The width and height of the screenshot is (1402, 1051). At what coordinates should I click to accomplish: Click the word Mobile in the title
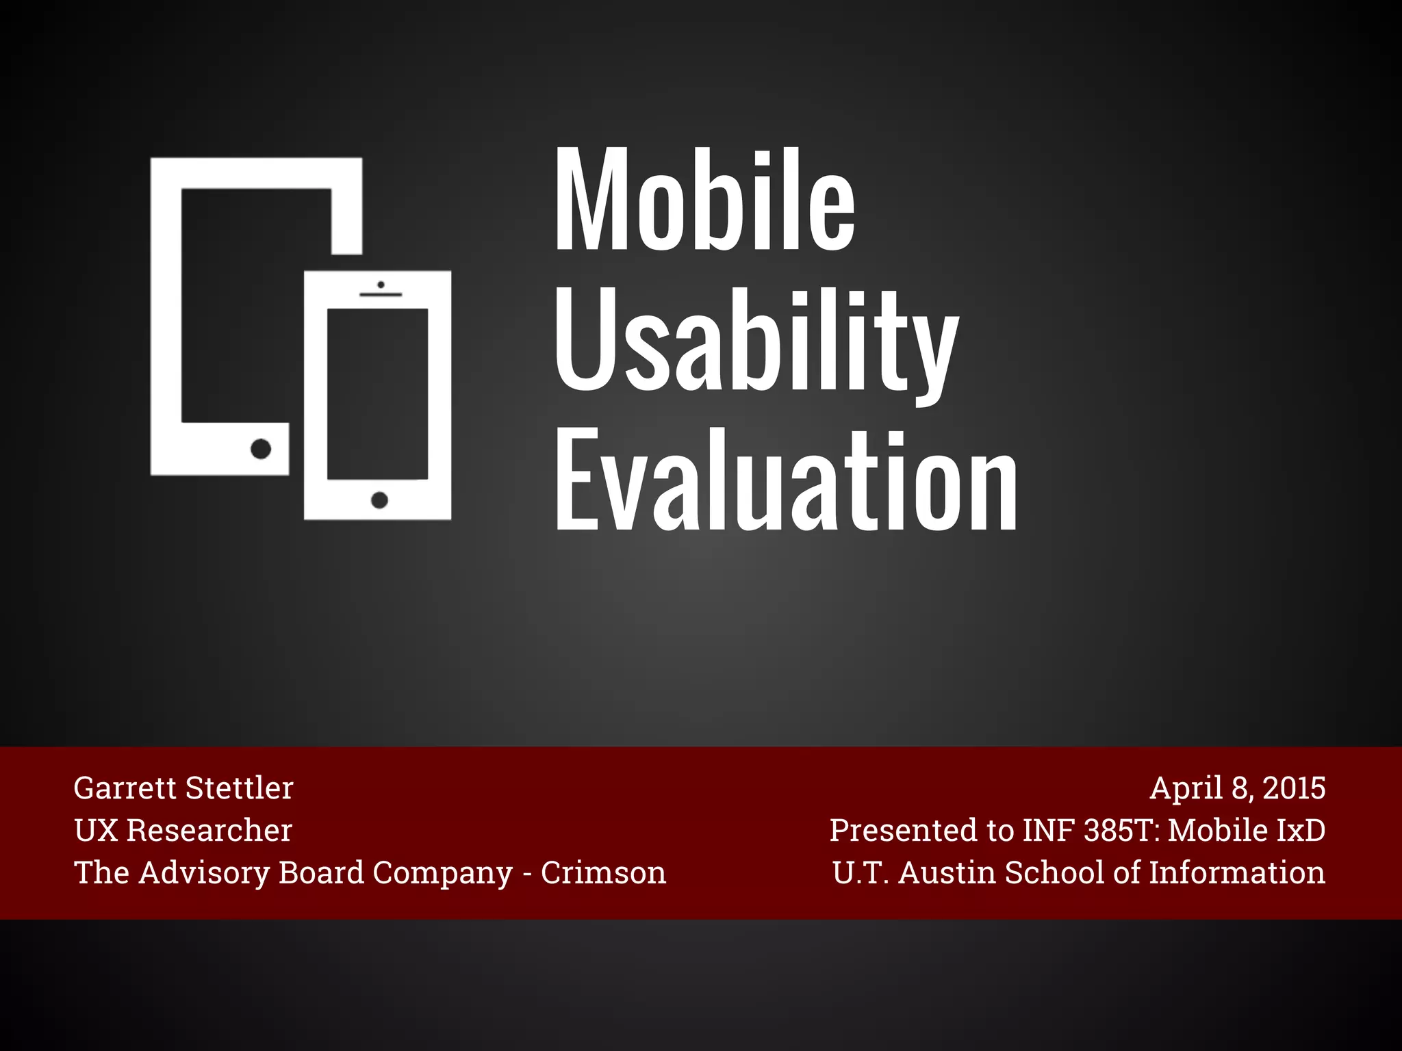click(705, 200)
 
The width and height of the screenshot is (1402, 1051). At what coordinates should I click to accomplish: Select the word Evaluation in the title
click(786, 481)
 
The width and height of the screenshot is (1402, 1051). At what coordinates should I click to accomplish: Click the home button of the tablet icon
click(261, 449)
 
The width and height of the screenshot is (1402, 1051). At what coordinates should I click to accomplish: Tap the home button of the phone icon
click(379, 500)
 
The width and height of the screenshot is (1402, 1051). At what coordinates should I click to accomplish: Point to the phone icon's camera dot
click(381, 285)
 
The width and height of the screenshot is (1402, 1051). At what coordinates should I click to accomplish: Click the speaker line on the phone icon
click(381, 295)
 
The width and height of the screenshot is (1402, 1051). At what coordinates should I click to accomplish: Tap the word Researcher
click(209, 831)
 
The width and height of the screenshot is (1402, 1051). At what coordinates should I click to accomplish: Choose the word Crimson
click(603, 873)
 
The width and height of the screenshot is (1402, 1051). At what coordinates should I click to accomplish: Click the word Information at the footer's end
click(1237, 873)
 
